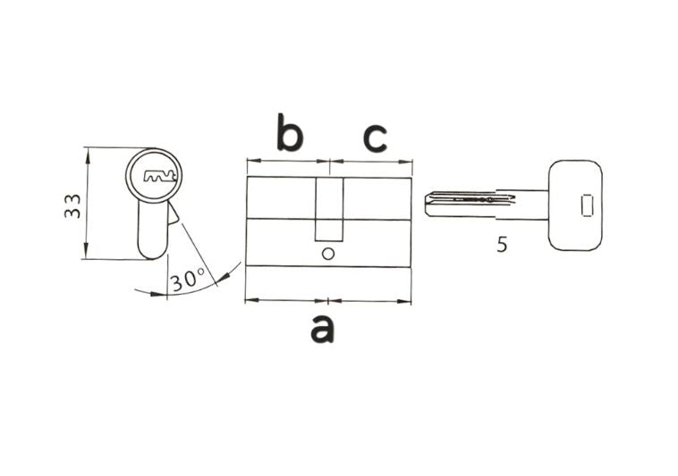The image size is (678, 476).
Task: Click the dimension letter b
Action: [290, 132]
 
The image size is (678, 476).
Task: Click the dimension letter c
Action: [375, 138]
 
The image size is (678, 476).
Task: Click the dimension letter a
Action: [323, 329]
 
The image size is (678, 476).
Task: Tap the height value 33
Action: [72, 205]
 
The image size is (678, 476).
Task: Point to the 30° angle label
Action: [188, 280]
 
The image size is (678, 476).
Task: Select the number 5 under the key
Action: [502, 245]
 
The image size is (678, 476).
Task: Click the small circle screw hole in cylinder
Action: [328, 254]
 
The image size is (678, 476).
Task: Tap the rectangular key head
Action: [575, 205]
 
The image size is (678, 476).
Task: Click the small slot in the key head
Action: [587, 205]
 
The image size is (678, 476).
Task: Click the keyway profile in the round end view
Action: [159, 176]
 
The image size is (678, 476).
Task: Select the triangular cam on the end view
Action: [172, 213]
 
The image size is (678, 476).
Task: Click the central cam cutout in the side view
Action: [328, 209]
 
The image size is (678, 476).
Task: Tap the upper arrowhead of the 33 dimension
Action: [88, 155]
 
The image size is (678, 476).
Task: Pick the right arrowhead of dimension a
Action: [403, 301]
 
